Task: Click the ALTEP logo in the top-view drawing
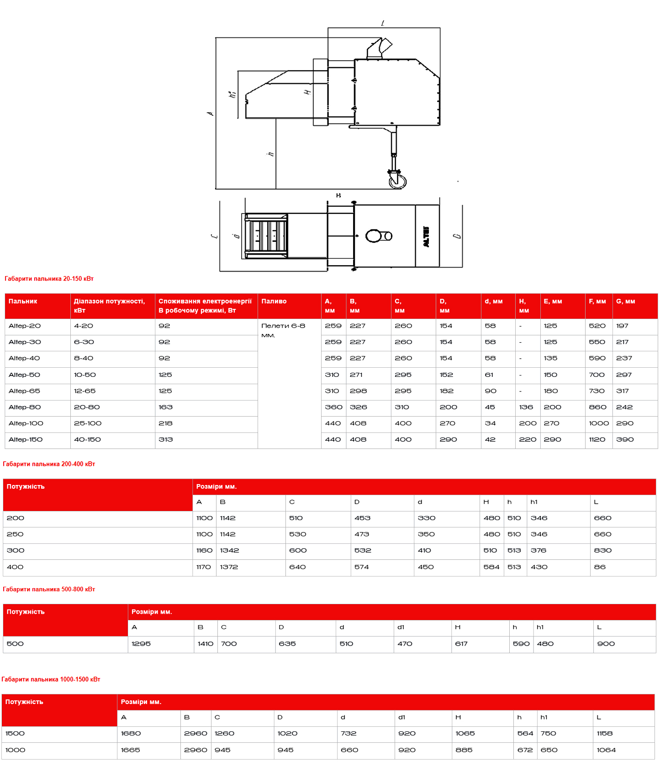[x=427, y=236]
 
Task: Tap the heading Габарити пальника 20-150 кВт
[x=49, y=278]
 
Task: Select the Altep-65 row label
[x=24, y=391]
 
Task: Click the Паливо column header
[x=274, y=301]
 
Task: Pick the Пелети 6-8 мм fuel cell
[x=283, y=330]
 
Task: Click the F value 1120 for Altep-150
[x=597, y=439]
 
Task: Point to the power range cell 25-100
[x=88, y=423]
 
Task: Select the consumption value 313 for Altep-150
[x=165, y=439]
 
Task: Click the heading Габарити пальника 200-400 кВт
[x=49, y=464]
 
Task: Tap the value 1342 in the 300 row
[x=229, y=550]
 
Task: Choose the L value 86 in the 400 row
[x=600, y=567]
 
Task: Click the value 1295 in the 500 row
[x=141, y=643]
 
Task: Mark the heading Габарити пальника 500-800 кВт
[x=49, y=589]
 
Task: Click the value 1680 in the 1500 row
[x=131, y=733]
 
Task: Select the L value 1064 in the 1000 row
[x=606, y=750]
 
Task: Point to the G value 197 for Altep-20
[x=622, y=326]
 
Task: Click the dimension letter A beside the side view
[x=210, y=113]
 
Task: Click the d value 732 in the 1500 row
[x=348, y=733]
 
